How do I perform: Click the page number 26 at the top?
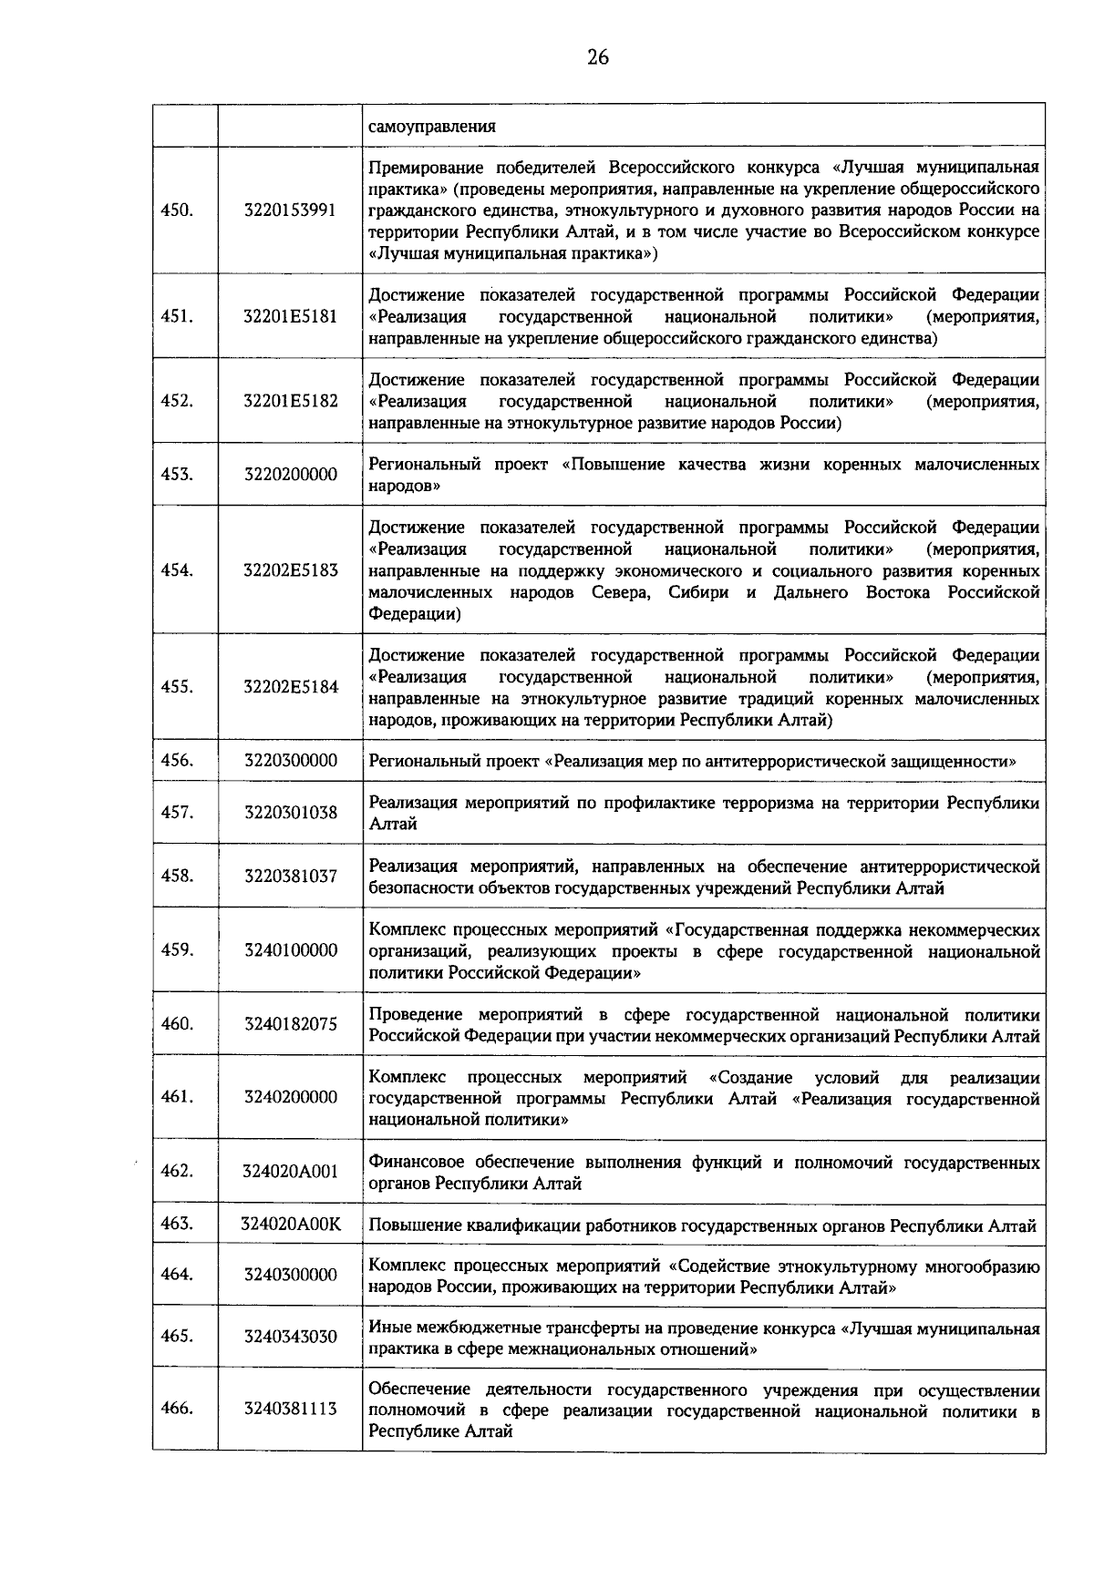597,57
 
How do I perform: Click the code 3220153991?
290,210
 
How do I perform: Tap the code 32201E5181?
290,317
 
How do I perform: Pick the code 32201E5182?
290,402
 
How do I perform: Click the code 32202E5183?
290,570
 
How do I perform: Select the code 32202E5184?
290,687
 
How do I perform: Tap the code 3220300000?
290,761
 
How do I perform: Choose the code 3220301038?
290,813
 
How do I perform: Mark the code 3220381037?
290,877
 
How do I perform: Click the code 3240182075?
290,1024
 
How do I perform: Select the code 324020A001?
290,1172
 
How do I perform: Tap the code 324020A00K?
290,1225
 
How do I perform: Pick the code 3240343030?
290,1337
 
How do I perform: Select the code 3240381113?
290,1410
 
